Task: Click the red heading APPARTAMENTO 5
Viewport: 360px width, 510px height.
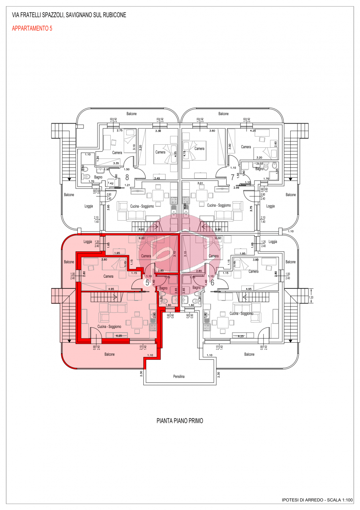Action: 32,28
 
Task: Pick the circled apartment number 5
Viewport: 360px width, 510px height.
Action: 147,282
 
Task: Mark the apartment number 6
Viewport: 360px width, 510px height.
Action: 212,282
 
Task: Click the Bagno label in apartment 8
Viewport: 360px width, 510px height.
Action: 98,177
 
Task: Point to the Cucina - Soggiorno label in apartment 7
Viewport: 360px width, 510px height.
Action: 219,206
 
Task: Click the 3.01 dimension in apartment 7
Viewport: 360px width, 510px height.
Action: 202,183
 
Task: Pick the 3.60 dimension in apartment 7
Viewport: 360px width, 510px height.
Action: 211,130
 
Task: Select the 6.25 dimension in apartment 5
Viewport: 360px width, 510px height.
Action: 119,335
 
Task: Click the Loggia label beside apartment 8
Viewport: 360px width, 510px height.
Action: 89,206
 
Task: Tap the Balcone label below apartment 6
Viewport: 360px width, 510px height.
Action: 249,354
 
